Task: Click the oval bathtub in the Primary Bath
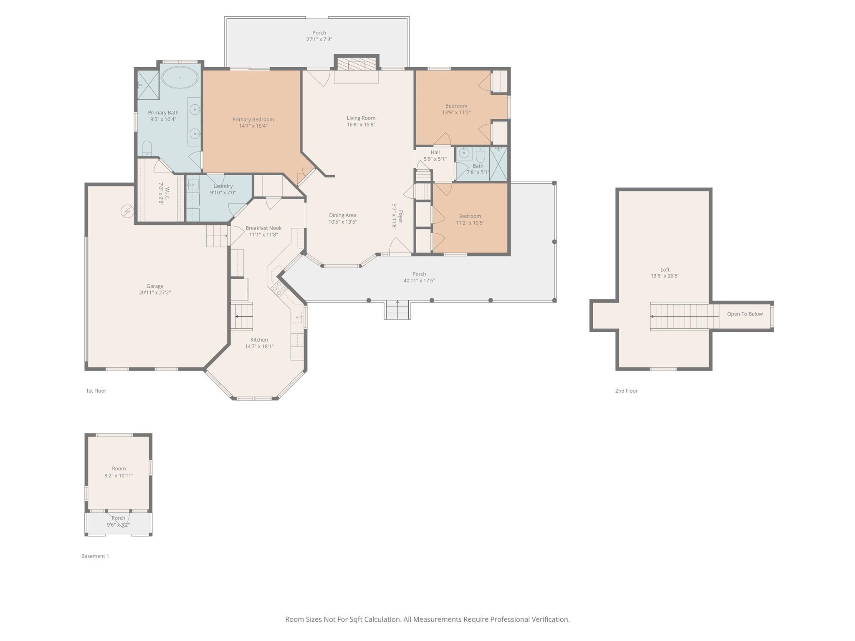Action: pos(180,77)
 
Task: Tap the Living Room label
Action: pos(361,118)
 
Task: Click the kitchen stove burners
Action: pos(279,288)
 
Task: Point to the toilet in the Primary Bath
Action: pos(147,148)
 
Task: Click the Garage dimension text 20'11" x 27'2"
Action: pos(155,293)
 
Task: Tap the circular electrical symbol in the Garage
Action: pos(127,212)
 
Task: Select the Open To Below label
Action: pos(744,314)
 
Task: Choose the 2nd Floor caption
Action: pos(626,391)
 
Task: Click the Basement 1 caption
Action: pos(95,556)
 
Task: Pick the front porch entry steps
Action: pos(397,310)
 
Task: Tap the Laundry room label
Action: pos(223,186)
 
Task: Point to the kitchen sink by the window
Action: pos(297,318)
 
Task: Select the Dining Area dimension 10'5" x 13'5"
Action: pos(342,222)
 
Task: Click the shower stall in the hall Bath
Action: pos(498,164)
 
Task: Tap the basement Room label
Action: pos(119,469)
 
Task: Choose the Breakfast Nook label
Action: pos(263,228)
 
